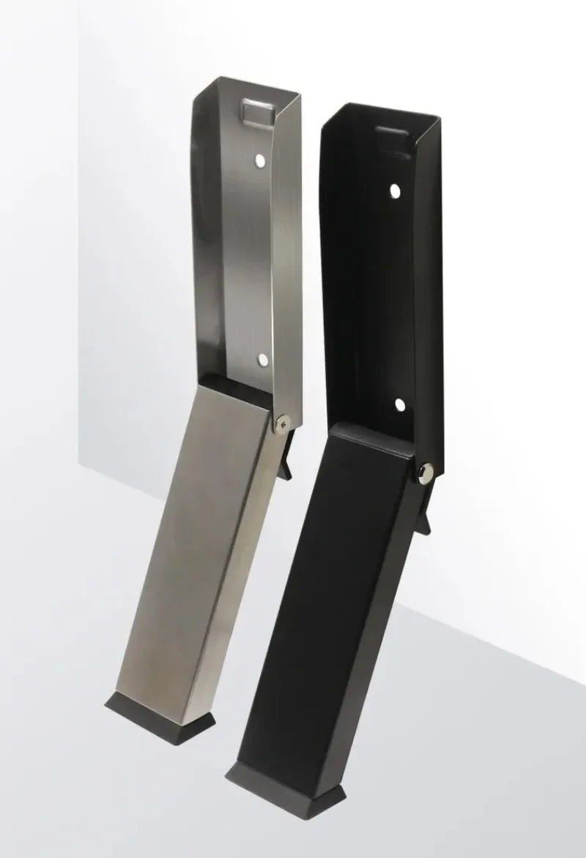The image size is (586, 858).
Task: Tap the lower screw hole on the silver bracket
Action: pyautogui.click(x=262, y=359)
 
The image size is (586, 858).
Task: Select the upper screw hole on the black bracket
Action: pyautogui.click(x=395, y=191)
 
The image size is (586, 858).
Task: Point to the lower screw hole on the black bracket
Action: pyautogui.click(x=399, y=404)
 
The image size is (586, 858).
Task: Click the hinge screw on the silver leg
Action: pyautogui.click(x=283, y=421)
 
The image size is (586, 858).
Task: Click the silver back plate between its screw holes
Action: pyautogui.click(x=253, y=256)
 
